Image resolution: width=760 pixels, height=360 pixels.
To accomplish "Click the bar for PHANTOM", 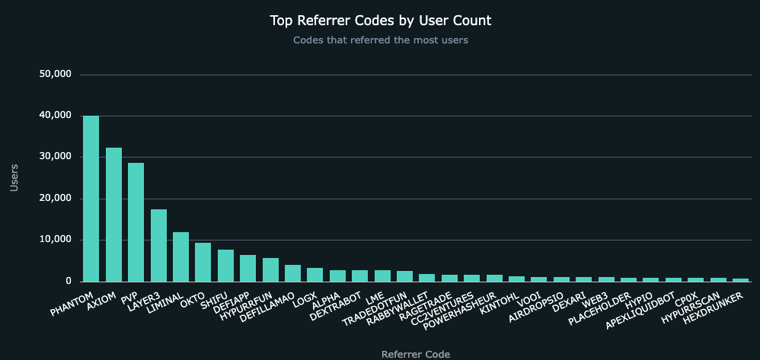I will (91, 199).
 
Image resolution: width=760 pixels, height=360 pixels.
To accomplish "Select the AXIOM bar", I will (113, 215).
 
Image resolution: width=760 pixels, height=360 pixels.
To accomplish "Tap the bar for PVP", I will (136, 222).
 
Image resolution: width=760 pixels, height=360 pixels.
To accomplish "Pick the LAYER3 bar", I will (158, 245).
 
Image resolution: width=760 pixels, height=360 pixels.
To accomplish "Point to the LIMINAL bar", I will (180, 256).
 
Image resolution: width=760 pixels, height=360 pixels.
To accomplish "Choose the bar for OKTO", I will (203, 262).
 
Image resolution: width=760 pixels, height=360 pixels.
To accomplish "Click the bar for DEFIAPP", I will (247, 268).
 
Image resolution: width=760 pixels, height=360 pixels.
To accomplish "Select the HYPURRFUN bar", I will (270, 269).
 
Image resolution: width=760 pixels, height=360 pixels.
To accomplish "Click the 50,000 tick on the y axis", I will (54, 75).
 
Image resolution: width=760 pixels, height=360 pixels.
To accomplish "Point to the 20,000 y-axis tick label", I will (54, 199).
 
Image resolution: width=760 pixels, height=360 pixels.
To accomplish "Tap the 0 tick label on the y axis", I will (67, 282).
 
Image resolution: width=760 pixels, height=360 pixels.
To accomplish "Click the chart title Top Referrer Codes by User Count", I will (380, 20).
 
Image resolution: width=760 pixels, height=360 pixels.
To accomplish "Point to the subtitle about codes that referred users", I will (380, 40).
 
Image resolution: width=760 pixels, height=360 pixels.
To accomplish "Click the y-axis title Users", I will (14, 177).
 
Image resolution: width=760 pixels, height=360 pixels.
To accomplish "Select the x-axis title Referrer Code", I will (415, 354).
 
